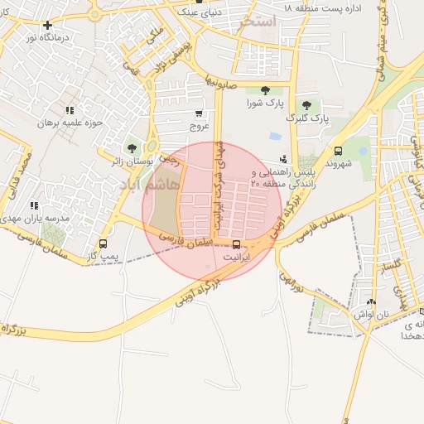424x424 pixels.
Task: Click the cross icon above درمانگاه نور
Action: pyautogui.click(x=47, y=25)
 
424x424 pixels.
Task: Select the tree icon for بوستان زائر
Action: pyautogui.click(x=131, y=148)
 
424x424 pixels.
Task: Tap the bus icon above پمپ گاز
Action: pyautogui.click(x=104, y=243)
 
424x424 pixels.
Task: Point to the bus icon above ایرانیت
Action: pyautogui.click(x=238, y=244)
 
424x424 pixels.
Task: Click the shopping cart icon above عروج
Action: pyautogui.click(x=199, y=113)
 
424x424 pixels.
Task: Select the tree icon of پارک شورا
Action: pyautogui.click(x=265, y=90)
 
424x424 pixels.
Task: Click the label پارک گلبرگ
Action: pyautogui.click(x=308, y=118)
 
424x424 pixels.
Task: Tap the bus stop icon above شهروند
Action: pyautogui.click(x=338, y=151)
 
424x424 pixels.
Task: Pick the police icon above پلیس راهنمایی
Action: pyautogui.click(x=284, y=158)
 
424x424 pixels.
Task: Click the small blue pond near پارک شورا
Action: pyautogui.click(x=275, y=136)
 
